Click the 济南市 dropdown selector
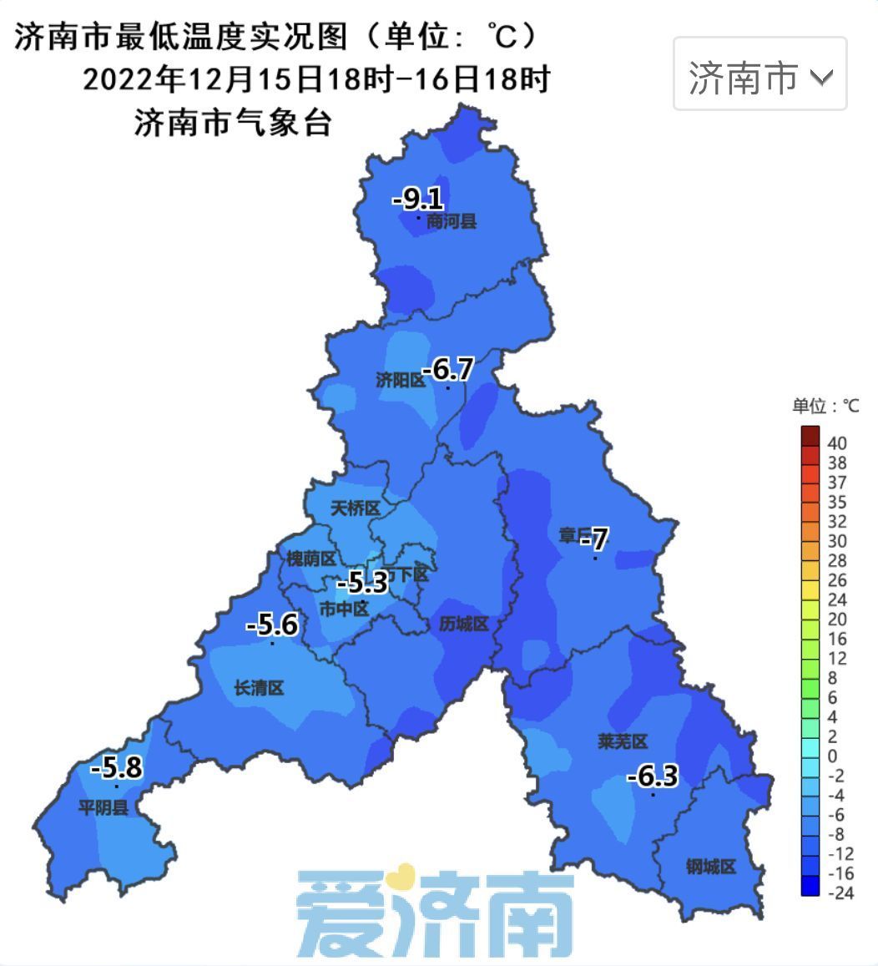pos(759,76)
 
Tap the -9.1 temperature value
pos(417,200)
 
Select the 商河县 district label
pos(451,222)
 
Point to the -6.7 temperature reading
pos(447,368)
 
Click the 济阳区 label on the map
pos(400,381)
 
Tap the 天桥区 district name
pos(355,508)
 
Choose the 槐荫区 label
pos(310,559)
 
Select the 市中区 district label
pos(344,609)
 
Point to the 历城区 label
pos(463,624)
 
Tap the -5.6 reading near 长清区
pos(272,625)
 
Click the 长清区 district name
pos(259,688)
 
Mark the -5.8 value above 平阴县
pos(116,767)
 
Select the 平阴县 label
pos(103,807)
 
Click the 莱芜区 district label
pos(623,741)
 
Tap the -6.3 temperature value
pos(652,777)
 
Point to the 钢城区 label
pos(710,867)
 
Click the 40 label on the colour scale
pos(836,443)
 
